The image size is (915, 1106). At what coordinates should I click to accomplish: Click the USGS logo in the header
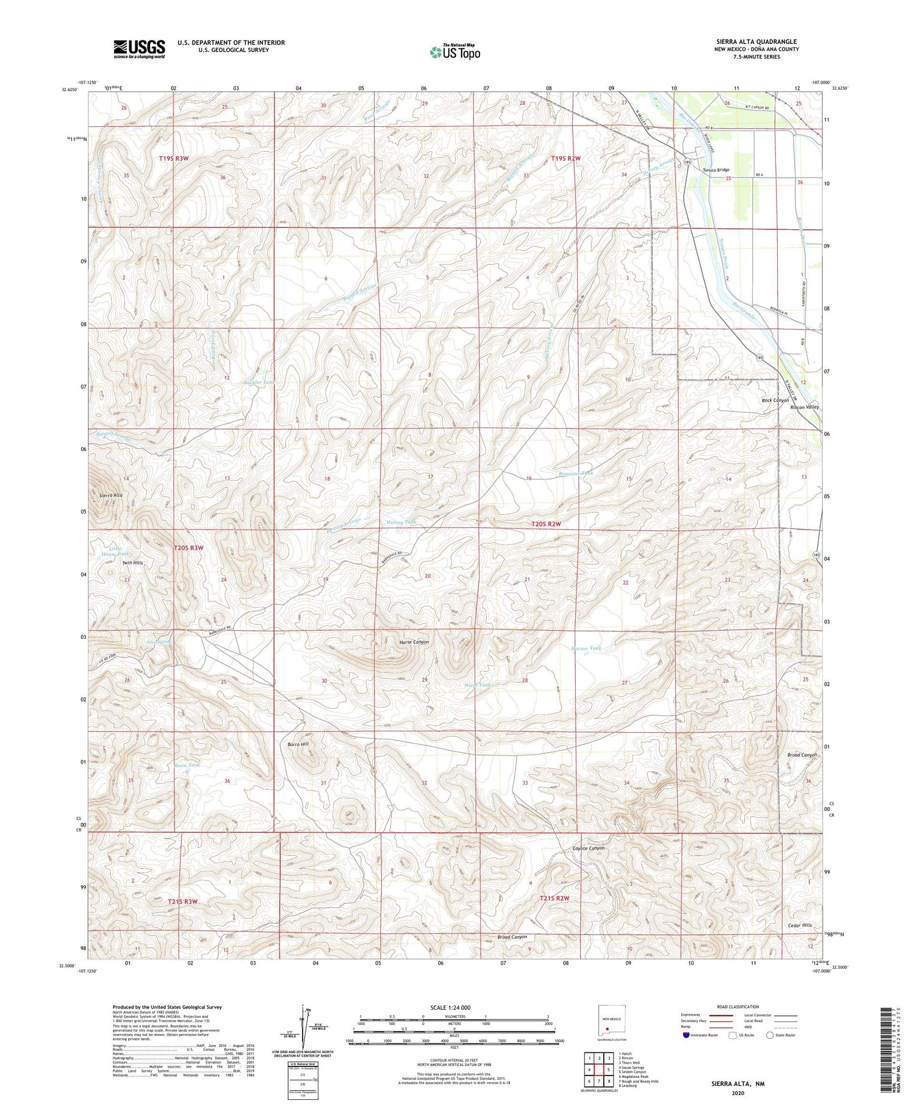pos(139,49)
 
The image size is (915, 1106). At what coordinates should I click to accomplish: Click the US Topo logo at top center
pos(455,52)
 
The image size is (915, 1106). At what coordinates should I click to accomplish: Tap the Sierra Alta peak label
pos(111,495)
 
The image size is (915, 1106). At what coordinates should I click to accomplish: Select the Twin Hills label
pos(132,562)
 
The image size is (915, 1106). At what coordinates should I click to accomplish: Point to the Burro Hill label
pos(299,745)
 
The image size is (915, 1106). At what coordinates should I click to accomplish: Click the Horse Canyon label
pos(414,642)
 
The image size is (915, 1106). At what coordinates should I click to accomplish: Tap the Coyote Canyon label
pos(589,849)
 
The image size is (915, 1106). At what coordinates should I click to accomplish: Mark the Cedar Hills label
pos(799,925)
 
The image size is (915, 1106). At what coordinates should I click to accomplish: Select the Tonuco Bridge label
pos(716,170)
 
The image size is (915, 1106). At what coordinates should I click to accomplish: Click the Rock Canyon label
pos(775,400)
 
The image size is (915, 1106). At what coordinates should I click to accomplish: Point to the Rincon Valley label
pos(805,407)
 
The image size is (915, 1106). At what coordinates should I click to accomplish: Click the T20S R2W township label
pos(545,524)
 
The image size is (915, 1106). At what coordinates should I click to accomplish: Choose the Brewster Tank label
pos(575,473)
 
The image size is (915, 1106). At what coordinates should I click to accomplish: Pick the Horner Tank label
pos(586,648)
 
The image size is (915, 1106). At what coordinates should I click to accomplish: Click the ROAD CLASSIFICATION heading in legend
pos(738,1007)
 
